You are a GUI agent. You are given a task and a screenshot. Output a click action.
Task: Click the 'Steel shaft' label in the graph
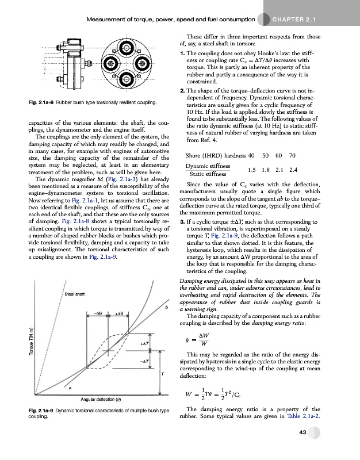click(76, 295)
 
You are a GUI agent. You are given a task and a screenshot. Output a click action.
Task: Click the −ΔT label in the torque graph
click(144, 361)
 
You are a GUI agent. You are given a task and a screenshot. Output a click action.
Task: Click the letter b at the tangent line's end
click(166, 308)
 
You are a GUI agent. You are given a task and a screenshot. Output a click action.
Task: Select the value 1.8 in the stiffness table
click(266, 170)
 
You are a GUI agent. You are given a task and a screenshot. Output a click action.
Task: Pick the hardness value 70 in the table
click(293, 155)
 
